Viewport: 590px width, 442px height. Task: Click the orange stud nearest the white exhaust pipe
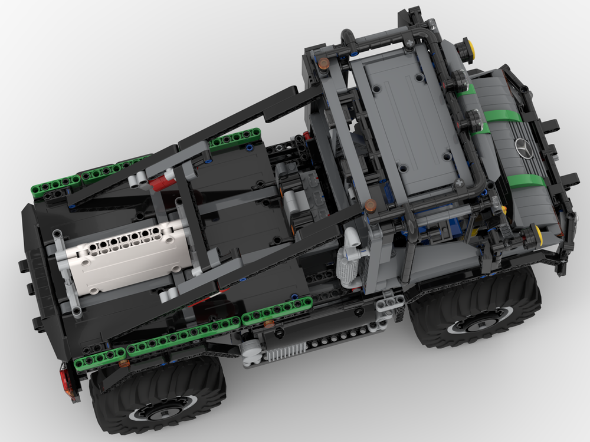371,206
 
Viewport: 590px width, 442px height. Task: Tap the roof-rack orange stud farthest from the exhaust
323,65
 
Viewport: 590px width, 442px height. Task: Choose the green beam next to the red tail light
99,359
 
